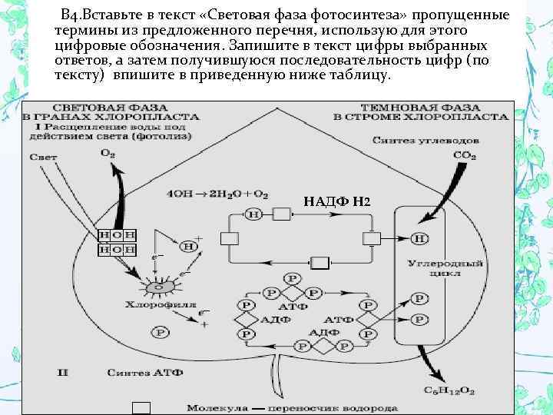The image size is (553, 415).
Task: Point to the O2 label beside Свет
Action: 107,154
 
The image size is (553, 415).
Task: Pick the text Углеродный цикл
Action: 435,270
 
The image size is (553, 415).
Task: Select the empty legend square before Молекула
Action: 141,408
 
